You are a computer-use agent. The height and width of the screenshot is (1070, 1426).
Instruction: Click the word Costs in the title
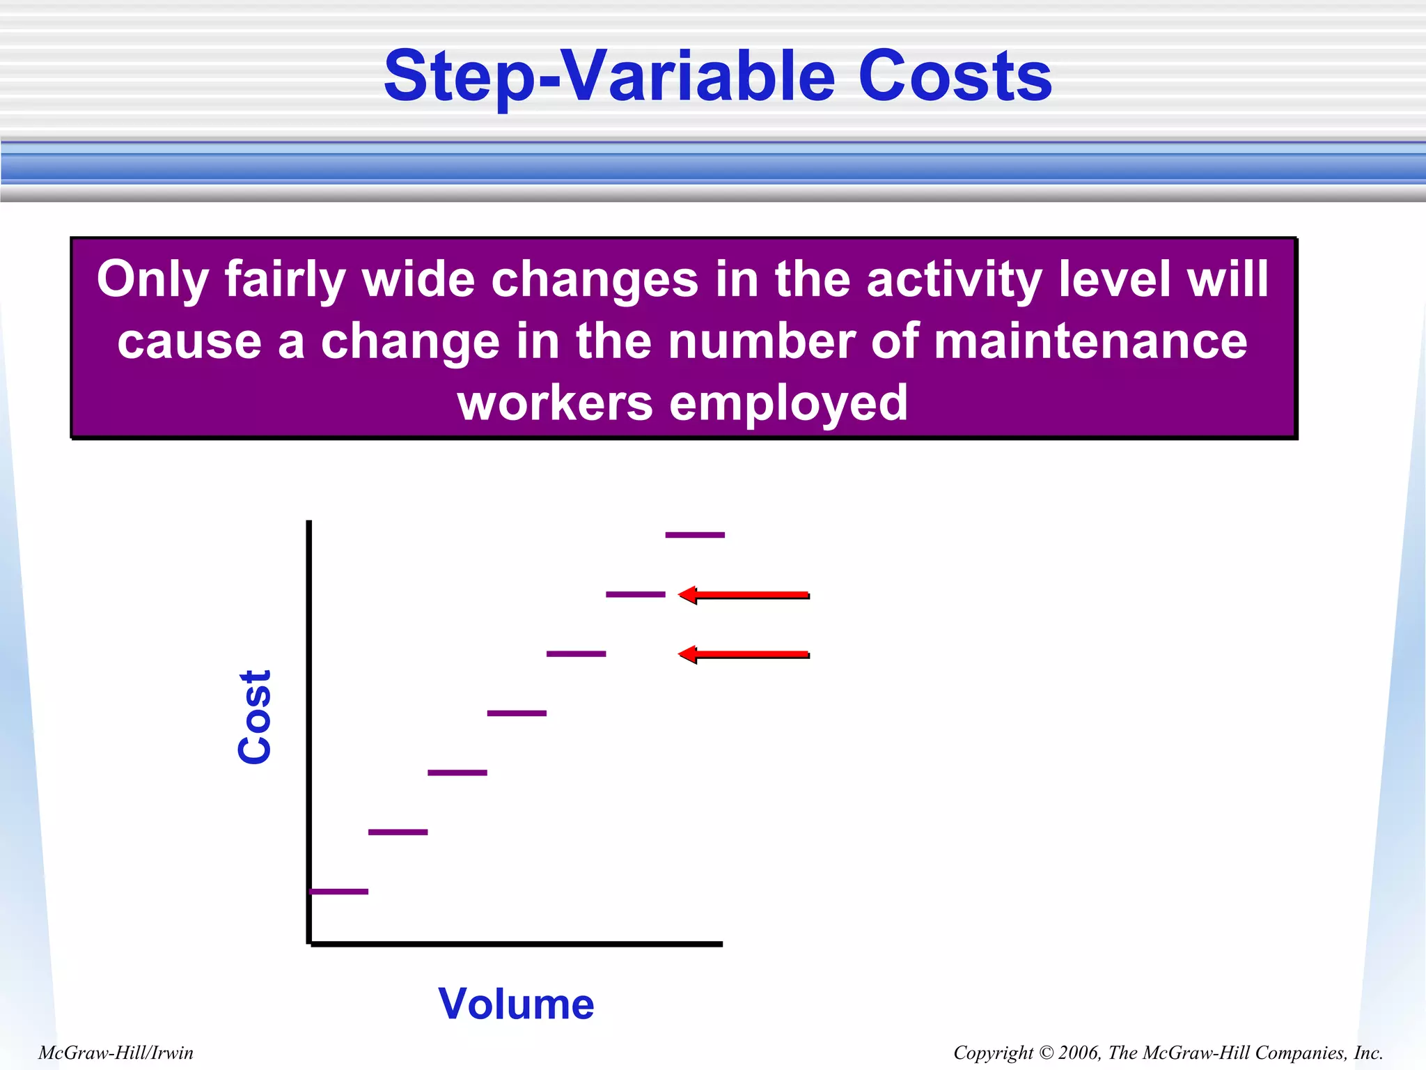tap(955, 77)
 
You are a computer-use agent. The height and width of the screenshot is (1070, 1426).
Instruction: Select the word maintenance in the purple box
tap(1090, 342)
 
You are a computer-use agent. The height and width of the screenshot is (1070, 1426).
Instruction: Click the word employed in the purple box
tap(788, 403)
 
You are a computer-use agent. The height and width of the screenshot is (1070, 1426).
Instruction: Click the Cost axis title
tap(255, 718)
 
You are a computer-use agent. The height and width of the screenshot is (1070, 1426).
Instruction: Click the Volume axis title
tap(516, 1004)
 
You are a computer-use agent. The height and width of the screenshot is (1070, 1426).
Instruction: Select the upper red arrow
tap(744, 595)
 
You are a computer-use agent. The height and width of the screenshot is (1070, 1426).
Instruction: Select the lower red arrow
tap(744, 654)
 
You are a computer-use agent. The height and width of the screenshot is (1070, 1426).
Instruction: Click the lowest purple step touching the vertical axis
tap(339, 891)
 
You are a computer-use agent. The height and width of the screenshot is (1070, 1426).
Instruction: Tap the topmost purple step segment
tap(695, 535)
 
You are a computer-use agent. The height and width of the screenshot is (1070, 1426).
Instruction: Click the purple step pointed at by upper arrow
tap(635, 594)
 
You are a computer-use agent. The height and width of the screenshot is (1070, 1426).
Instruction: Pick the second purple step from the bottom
tap(398, 832)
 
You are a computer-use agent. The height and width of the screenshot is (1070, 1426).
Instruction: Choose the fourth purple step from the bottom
tap(517, 713)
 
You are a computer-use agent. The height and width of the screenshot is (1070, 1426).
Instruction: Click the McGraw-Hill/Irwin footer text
tap(116, 1053)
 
